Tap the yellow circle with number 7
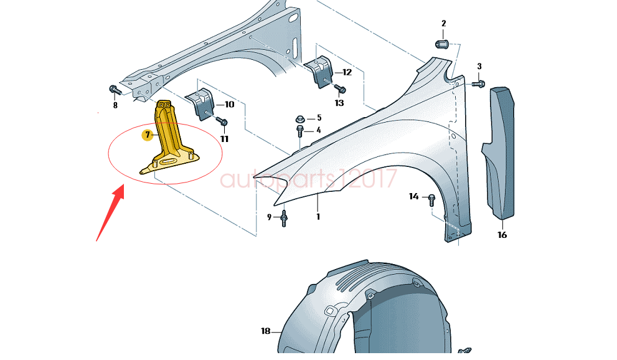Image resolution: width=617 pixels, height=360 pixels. click(148, 135)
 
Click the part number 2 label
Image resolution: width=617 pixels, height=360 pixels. click(443, 24)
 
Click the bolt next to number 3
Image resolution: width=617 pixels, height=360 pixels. click(478, 83)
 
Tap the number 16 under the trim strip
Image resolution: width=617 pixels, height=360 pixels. click(502, 235)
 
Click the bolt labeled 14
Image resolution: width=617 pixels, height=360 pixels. click(431, 200)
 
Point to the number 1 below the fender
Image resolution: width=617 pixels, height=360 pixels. click(318, 217)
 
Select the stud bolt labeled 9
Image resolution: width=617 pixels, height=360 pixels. click(284, 219)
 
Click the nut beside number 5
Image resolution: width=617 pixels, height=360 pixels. click(301, 118)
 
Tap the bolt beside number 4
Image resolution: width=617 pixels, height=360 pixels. click(301, 131)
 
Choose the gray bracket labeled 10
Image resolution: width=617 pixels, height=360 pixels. click(200, 102)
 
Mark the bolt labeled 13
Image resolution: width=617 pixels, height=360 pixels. click(338, 88)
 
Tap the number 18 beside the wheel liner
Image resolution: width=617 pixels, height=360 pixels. click(266, 331)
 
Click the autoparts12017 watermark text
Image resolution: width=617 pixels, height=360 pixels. click(308, 179)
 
